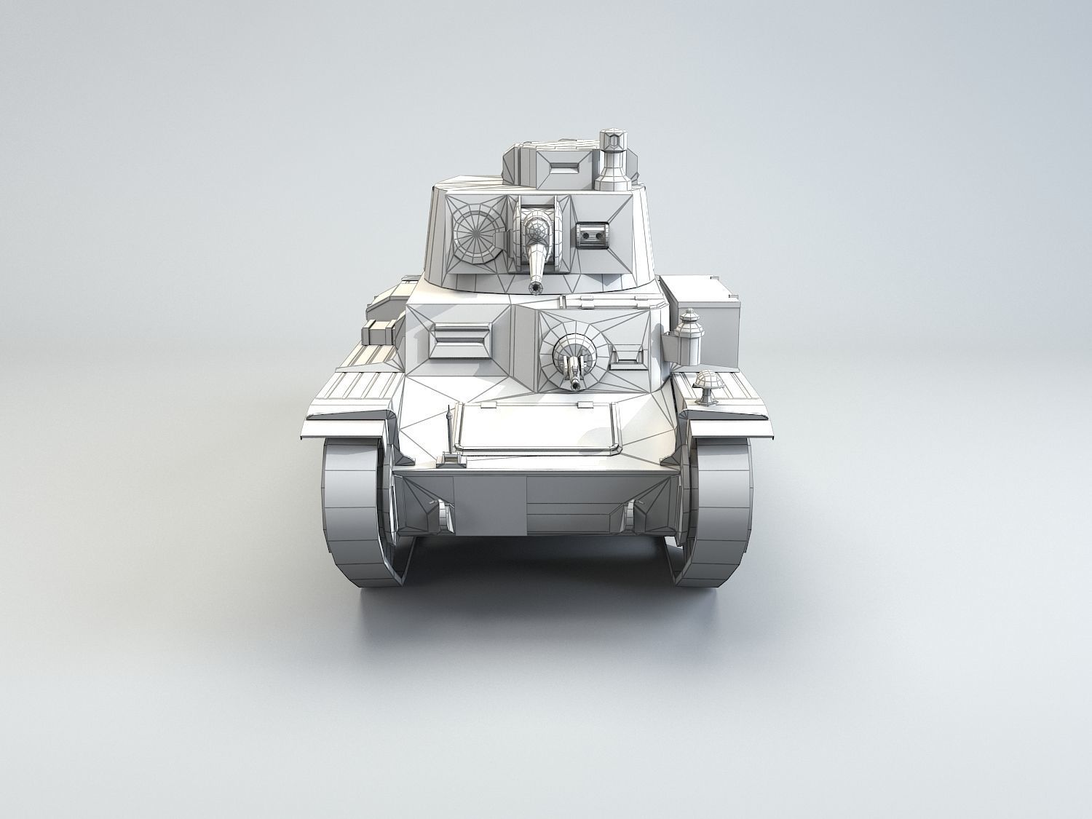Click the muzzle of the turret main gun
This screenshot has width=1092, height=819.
coord(537,288)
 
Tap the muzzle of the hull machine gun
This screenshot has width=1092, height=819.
coord(577,385)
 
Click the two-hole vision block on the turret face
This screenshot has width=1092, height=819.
coord(591,234)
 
